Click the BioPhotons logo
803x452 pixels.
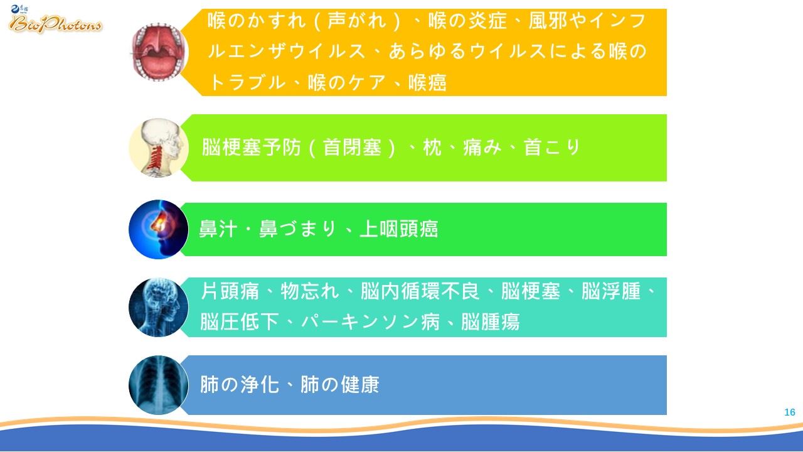(x=55, y=19)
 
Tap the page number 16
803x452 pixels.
(x=789, y=412)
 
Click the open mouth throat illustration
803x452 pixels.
(x=159, y=52)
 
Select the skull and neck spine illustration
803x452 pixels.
(x=159, y=148)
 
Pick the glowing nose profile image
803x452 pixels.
(x=159, y=229)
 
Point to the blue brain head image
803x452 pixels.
(x=159, y=307)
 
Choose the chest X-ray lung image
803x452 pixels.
(x=159, y=385)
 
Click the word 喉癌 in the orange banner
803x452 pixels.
(x=428, y=83)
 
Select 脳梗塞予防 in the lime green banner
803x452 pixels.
(x=252, y=148)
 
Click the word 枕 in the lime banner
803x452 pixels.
(x=432, y=148)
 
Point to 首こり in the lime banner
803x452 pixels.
(x=552, y=148)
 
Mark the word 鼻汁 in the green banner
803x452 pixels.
(x=218, y=229)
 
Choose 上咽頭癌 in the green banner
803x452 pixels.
(x=398, y=229)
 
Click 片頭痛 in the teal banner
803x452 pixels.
(x=230, y=291)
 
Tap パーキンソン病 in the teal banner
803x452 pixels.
(x=370, y=321)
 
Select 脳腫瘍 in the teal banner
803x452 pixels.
(x=491, y=321)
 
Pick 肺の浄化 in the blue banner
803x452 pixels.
(x=240, y=385)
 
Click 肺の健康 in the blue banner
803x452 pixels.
(x=340, y=385)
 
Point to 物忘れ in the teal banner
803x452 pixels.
(x=310, y=291)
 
